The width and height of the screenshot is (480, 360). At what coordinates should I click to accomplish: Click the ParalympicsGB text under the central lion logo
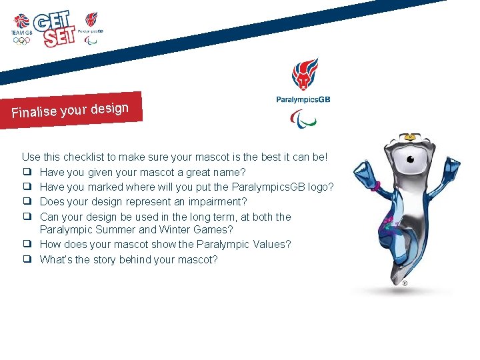click(303, 99)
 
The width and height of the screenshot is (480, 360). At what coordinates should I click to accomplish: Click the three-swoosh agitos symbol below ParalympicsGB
click(303, 118)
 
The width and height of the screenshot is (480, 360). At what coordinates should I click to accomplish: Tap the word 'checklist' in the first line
click(85, 157)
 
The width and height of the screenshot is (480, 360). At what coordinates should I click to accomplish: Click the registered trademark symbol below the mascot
click(404, 283)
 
